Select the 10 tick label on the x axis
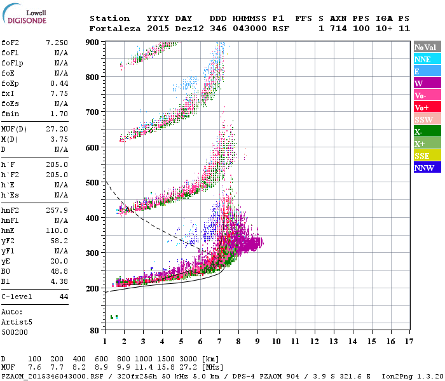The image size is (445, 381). pyautogui.click(x=277, y=341)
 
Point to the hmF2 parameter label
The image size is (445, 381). pyautogui.click(x=10, y=210)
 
